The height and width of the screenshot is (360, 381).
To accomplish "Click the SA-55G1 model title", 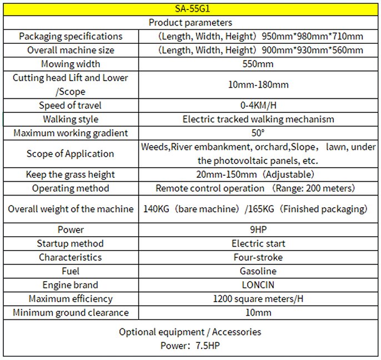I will [190, 9].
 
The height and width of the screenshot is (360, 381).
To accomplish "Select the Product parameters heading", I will [190, 23].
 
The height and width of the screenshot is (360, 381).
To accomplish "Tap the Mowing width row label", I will [70, 64].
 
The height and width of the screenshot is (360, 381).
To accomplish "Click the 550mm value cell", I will [258, 64].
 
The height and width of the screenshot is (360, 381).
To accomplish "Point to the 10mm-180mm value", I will [258, 85].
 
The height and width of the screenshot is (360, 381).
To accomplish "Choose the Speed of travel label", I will [70, 106].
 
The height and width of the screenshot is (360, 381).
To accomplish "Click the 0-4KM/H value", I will [258, 106].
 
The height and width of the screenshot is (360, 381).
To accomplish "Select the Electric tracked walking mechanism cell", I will [258, 119].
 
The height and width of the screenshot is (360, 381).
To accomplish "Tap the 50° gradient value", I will [258, 133].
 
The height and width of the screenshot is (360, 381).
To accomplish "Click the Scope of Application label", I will [70, 153].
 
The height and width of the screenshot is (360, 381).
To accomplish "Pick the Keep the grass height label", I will [70, 174].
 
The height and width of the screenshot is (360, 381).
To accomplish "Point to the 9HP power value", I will [258, 229].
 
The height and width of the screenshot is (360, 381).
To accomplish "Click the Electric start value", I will [258, 243].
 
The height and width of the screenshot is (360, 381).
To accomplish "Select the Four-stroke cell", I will [258, 257].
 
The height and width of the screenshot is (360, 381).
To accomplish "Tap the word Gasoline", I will [258, 271].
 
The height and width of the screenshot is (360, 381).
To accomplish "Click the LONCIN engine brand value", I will [258, 285].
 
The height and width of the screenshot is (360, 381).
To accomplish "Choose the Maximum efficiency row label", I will [70, 299].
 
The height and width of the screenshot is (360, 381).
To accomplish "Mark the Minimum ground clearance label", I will [70, 313].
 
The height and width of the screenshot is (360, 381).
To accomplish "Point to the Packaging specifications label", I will [70, 37].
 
